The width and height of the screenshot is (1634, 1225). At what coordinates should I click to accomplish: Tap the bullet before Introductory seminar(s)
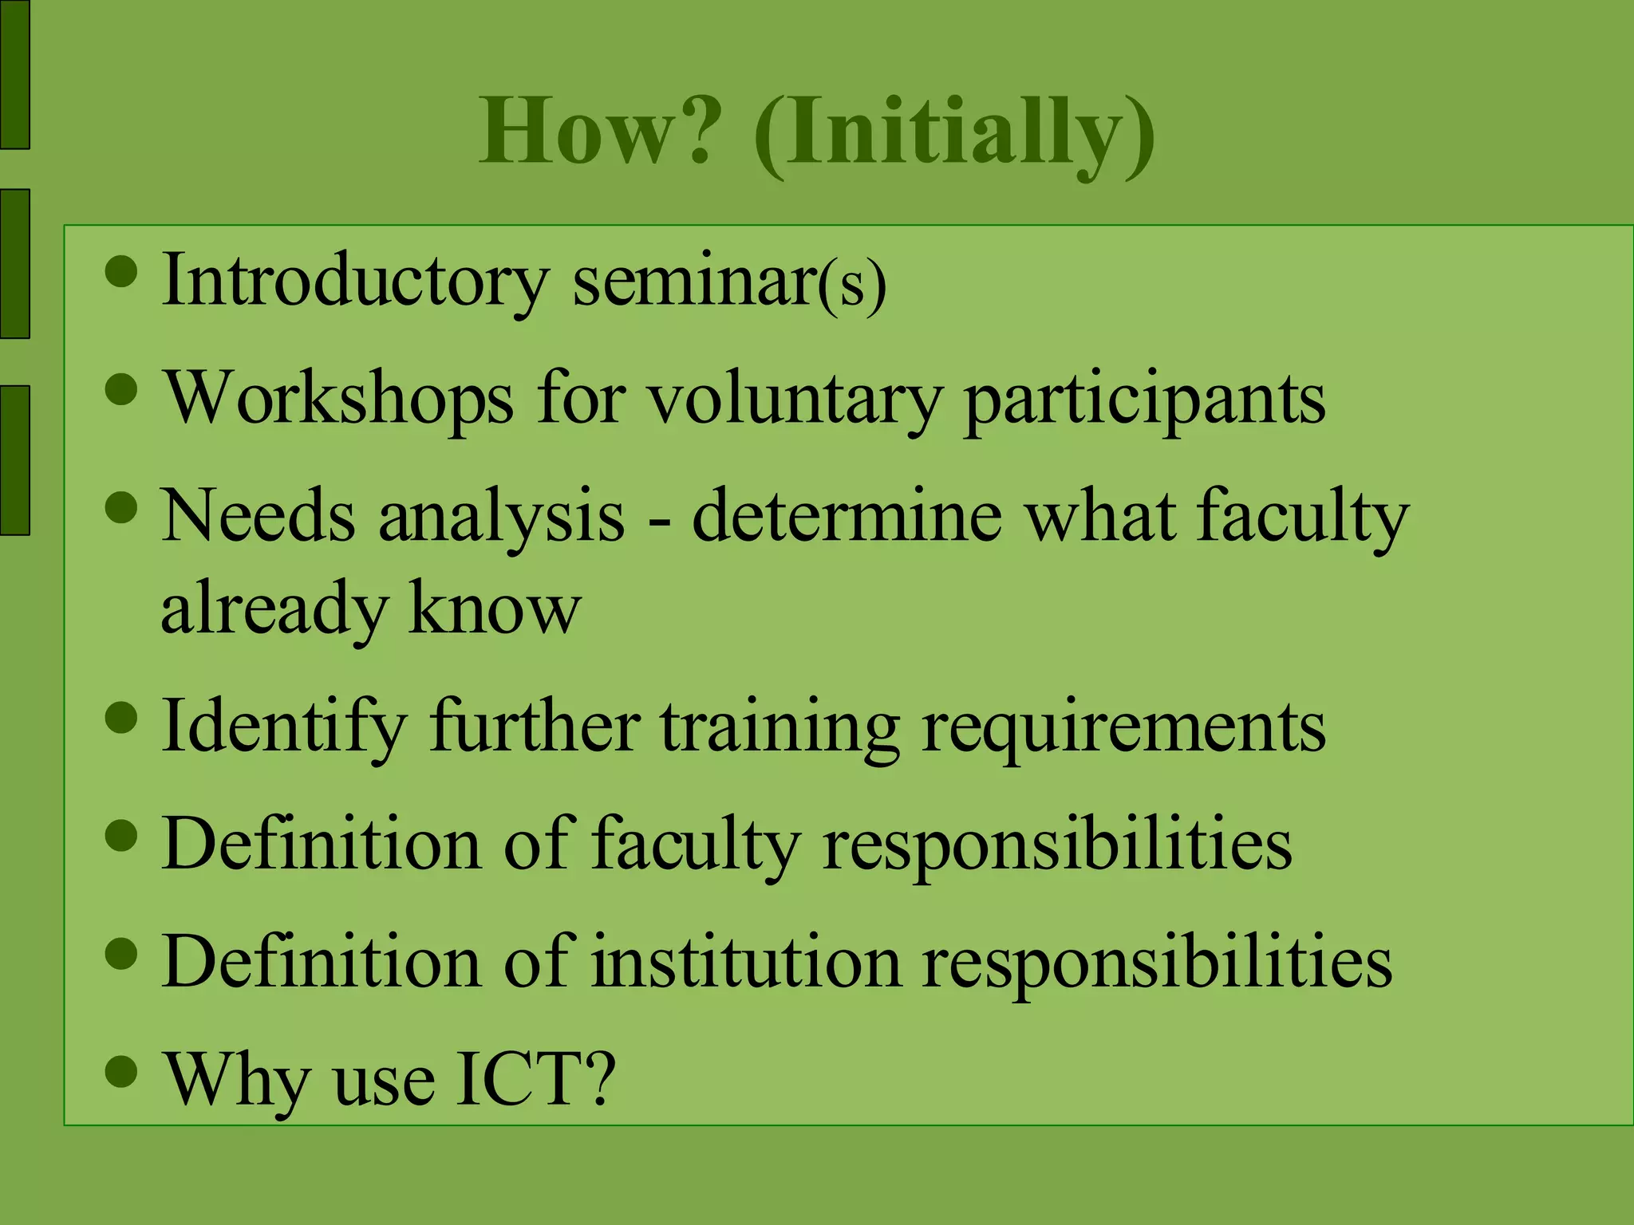tap(121, 271)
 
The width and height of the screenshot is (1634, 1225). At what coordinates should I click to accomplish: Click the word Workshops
tap(339, 399)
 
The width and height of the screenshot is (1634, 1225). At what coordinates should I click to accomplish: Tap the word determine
tap(846, 516)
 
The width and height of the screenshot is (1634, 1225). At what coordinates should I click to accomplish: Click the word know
tap(495, 608)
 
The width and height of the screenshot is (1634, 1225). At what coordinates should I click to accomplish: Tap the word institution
tap(746, 962)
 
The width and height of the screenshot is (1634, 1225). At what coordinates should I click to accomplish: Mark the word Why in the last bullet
tap(236, 1081)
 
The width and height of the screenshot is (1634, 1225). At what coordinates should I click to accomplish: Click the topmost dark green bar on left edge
tap(14, 74)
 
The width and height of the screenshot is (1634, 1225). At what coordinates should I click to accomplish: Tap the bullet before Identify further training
tap(121, 716)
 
